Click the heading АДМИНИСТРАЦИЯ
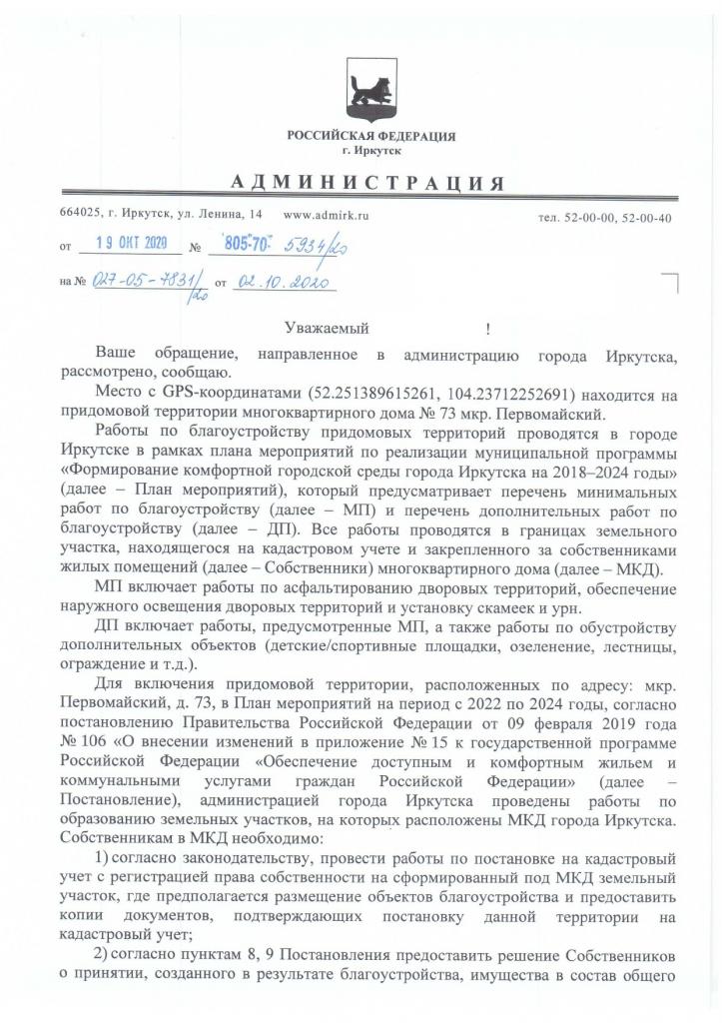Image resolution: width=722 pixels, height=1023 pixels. pyautogui.click(x=366, y=183)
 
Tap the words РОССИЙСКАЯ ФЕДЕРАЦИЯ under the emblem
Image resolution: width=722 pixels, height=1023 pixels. pyautogui.click(x=370, y=135)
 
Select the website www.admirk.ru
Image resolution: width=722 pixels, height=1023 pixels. pyautogui.click(x=327, y=214)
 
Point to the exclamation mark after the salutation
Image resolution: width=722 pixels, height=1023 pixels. pyautogui.click(x=487, y=328)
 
